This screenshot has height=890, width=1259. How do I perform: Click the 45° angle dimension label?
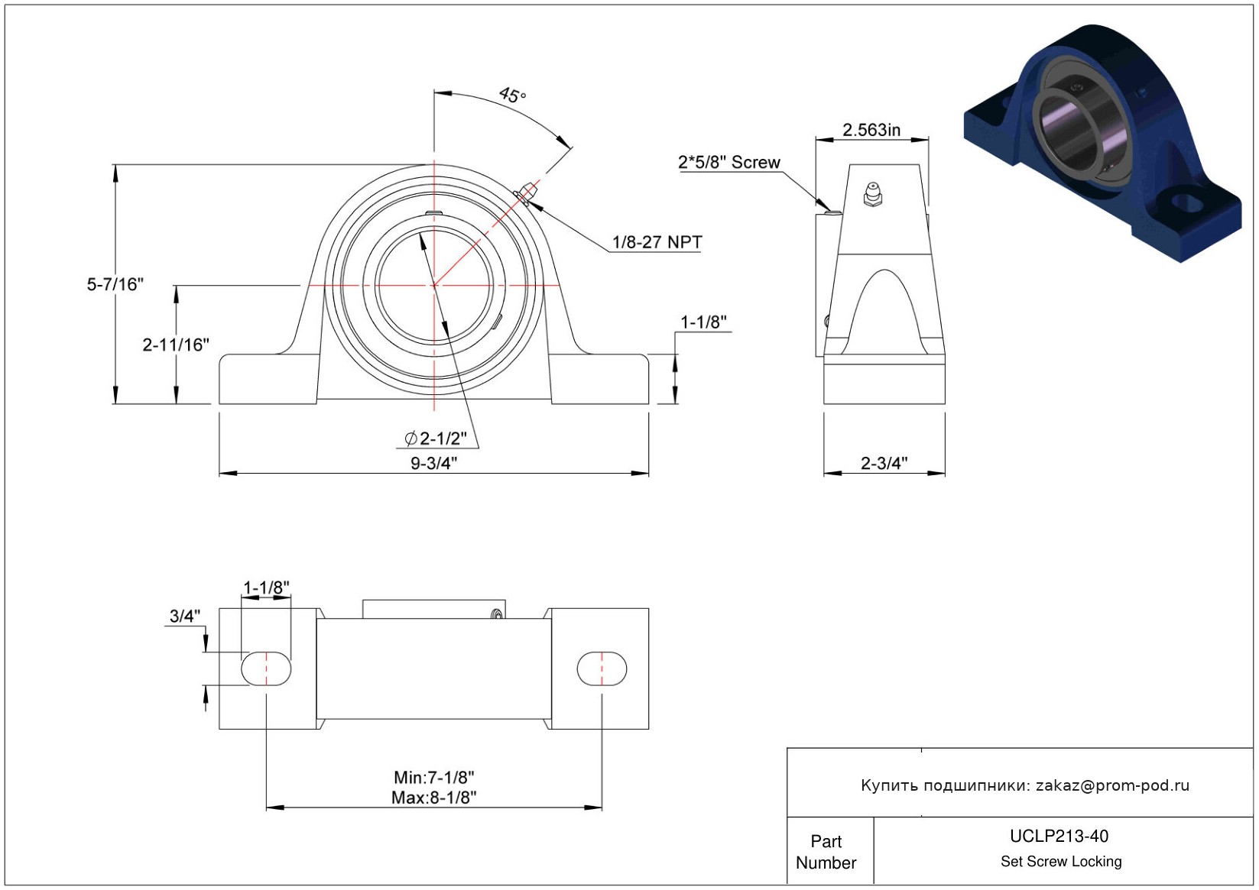click(x=513, y=95)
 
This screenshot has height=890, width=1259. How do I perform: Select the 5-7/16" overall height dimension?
click(x=115, y=284)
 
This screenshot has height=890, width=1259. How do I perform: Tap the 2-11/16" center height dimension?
click(x=176, y=345)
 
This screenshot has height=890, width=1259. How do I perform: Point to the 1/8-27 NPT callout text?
click(x=657, y=242)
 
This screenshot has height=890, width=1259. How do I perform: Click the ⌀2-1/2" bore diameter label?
click(x=436, y=439)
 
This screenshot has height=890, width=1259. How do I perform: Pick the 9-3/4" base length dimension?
click(x=434, y=463)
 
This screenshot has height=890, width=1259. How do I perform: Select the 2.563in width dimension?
click(x=871, y=130)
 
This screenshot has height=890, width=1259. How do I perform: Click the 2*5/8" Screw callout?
click(x=729, y=163)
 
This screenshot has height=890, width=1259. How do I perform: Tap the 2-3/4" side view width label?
click(x=884, y=463)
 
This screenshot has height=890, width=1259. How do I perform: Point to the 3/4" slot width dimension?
click(x=185, y=616)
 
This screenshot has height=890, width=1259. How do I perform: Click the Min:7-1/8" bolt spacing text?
click(x=434, y=778)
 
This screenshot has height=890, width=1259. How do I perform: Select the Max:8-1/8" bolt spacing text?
click(x=434, y=798)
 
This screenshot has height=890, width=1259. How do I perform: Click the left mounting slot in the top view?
click(x=267, y=668)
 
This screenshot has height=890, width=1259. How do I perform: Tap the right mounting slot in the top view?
click(x=602, y=668)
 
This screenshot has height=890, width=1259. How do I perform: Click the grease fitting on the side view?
click(x=872, y=194)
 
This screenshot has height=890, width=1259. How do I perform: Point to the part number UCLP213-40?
click(x=1059, y=836)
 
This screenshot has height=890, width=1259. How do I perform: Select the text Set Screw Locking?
click(x=1061, y=861)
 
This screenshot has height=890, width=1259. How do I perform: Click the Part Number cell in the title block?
click(x=826, y=852)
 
